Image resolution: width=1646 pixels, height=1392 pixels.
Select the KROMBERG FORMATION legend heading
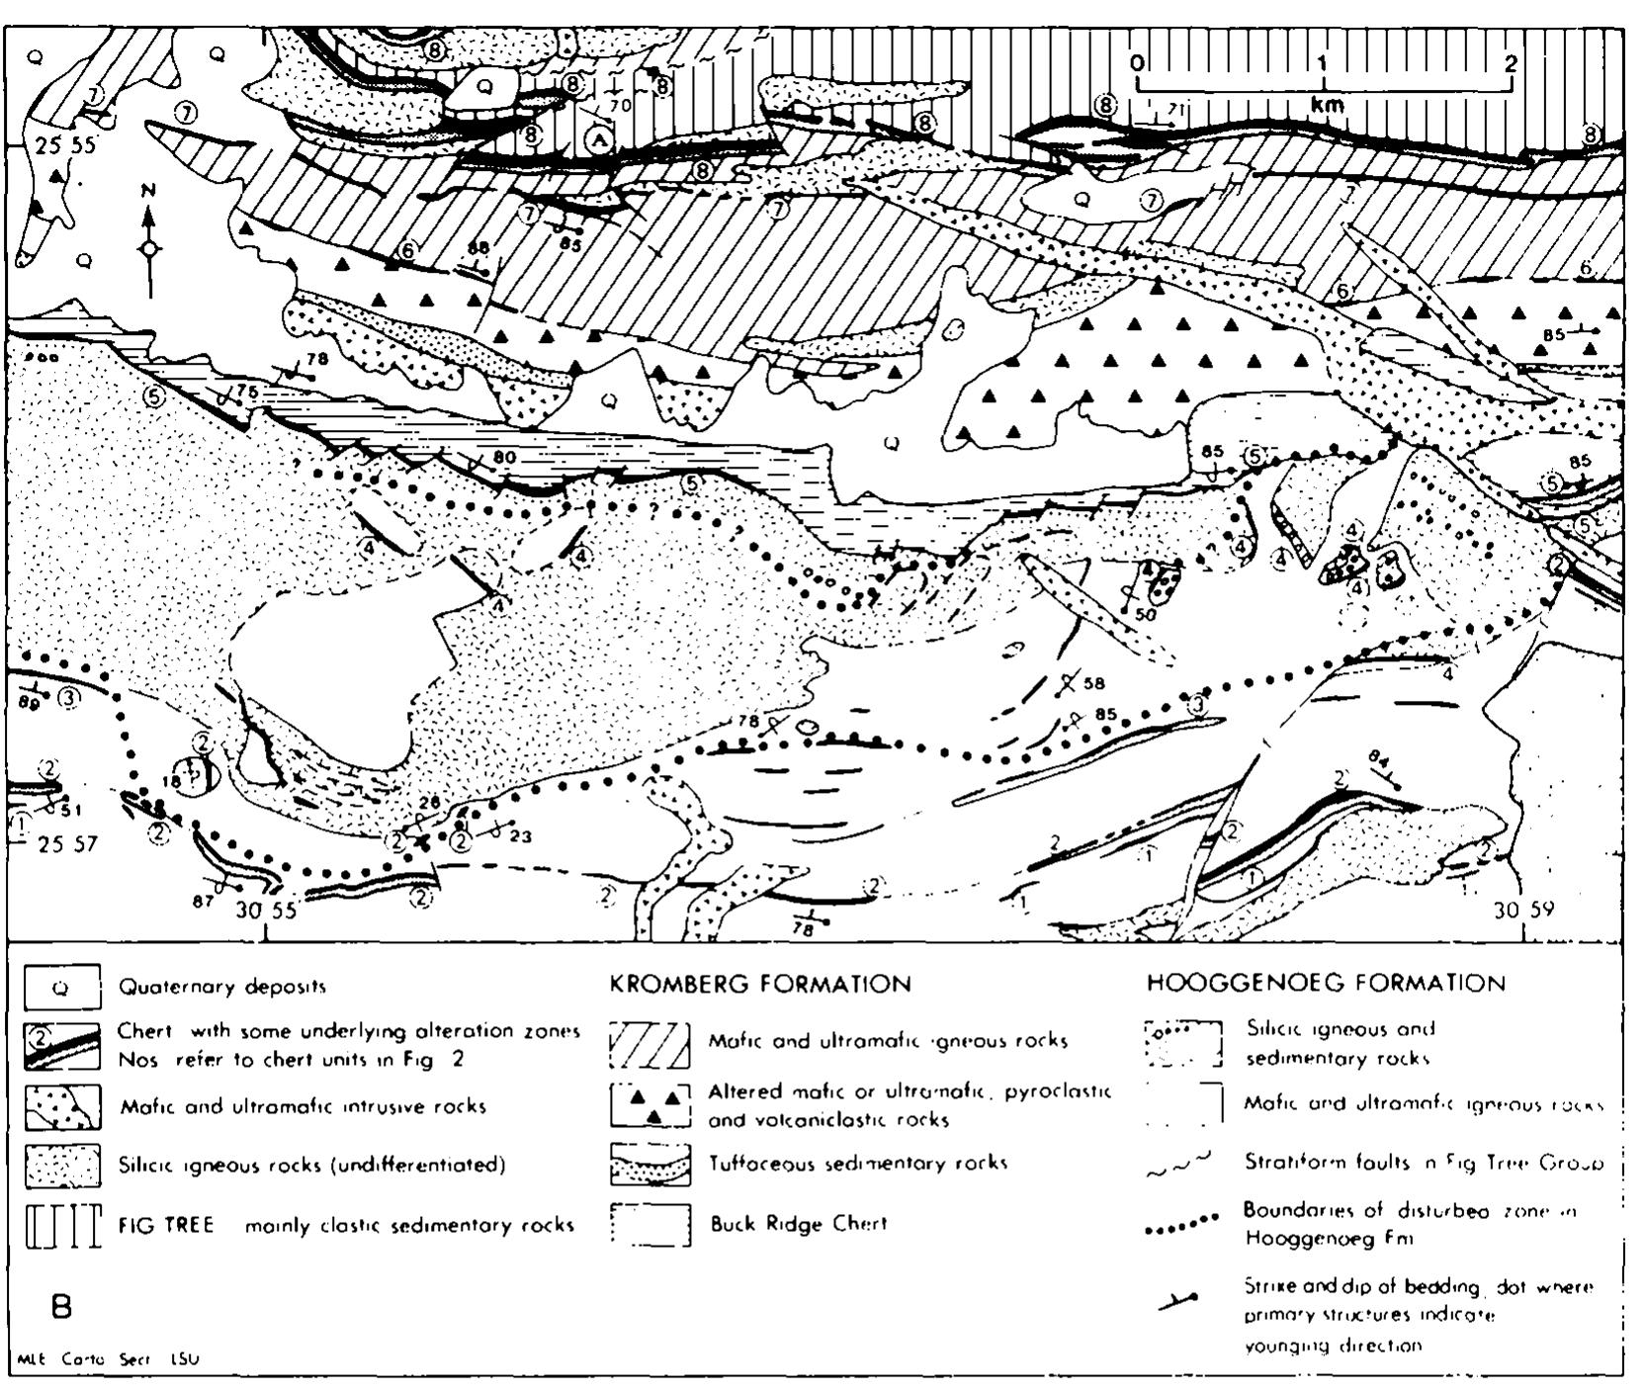pyautogui.click(x=760, y=985)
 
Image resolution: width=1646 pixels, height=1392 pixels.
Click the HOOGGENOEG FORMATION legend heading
pyautogui.click(x=1326, y=984)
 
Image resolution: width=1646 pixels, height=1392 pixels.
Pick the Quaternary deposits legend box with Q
pyautogui.click(x=61, y=987)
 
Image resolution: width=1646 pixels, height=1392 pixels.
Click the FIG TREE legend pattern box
pyautogui.click(x=61, y=1226)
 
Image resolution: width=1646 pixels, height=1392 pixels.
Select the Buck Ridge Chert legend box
pyautogui.click(x=650, y=1225)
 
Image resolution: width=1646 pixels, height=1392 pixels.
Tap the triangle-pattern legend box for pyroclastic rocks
pyautogui.click(x=650, y=1104)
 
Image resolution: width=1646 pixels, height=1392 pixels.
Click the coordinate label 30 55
pyautogui.click(x=266, y=911)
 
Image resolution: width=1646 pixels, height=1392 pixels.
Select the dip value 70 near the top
pyautogui.click(x=621, y=103)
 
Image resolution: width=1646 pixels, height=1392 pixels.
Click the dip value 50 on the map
pyautogui.click(x=1145, y=614)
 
